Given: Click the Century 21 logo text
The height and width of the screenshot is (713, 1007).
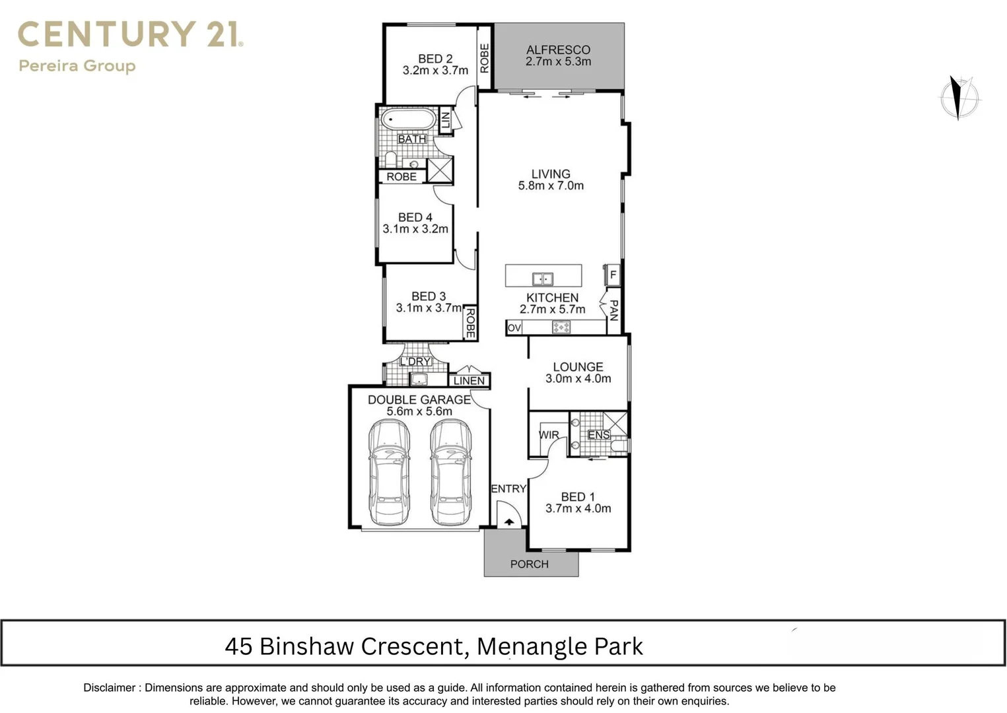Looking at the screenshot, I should coord(130,34).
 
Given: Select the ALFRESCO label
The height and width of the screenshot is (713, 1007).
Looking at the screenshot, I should coord(558,50).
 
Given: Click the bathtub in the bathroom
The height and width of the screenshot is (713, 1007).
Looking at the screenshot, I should coord(407,120).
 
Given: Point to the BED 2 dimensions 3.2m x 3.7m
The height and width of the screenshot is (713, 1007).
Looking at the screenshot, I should coord(435,70).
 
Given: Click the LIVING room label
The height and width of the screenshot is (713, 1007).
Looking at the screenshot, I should coord(551,174).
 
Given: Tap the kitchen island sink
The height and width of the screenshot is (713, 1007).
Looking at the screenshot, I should coord(543,279).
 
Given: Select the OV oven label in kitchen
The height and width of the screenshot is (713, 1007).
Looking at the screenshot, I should coord(514,327).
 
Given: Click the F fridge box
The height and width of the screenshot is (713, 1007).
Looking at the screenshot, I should coord(613,275).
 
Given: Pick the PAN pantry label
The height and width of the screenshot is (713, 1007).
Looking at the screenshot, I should coord(613,310).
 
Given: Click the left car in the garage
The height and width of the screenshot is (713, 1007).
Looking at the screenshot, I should coord(389,471).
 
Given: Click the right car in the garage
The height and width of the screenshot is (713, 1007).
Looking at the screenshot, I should coord(451,471).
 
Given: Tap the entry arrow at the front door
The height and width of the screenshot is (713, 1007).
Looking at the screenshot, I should coord(509,522).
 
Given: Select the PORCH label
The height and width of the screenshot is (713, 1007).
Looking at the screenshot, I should coord(529,564).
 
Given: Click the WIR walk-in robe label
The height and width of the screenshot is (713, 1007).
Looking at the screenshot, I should coord(549,435).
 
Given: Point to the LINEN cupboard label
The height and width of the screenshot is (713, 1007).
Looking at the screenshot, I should coord(469,381).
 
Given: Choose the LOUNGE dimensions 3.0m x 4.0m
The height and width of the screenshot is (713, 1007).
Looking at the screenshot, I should coord(578,379).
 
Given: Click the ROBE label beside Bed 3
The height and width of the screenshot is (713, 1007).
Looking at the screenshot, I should coord(470,323).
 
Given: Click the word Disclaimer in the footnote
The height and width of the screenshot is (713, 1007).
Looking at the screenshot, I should coord(109,687).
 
